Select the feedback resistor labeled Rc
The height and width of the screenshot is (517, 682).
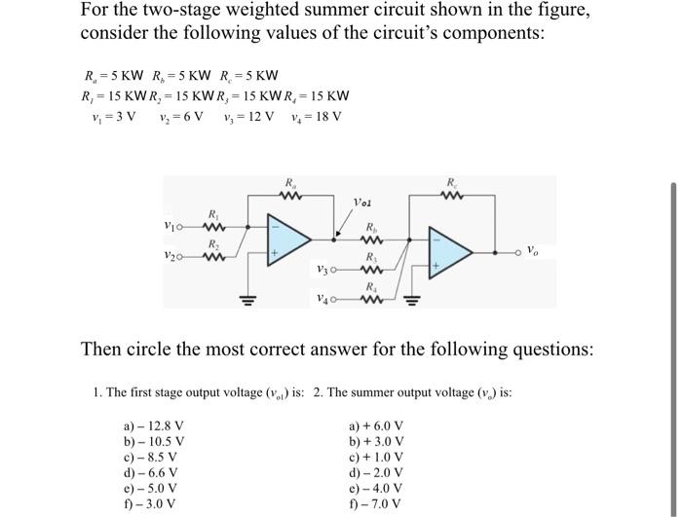(x=449, y=194)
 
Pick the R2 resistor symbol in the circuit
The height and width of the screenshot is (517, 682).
(x=212, y=257)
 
